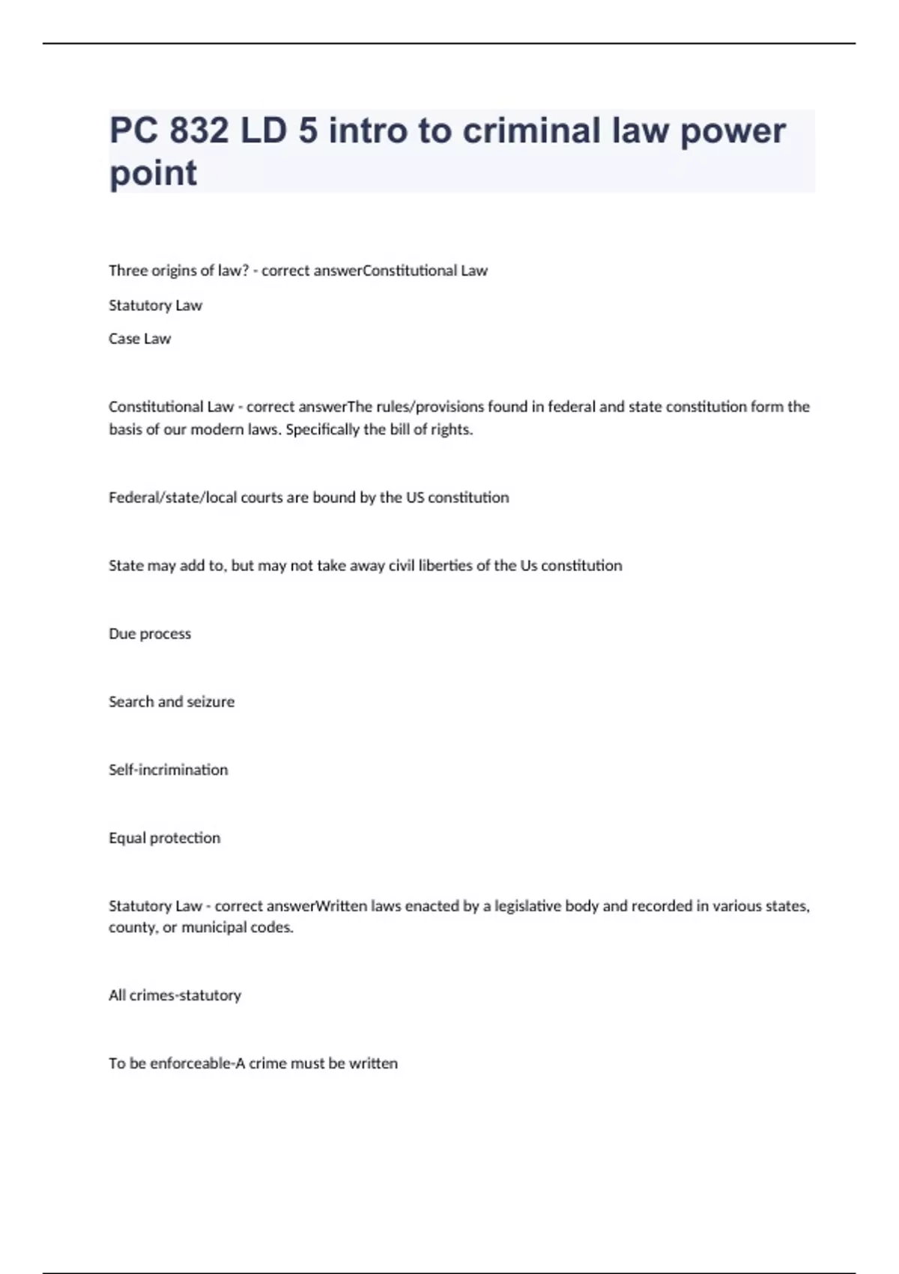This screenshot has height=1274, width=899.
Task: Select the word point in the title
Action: (154, 173)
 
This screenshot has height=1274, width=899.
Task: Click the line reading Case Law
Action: (140, 339)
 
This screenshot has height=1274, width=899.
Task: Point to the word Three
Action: (128, 271)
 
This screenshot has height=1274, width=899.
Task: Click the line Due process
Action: (150, 634)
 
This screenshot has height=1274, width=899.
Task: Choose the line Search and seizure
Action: (172, 702)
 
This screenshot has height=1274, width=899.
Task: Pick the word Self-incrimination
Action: (169, 770)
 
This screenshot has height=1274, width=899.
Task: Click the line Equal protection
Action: (165, 838)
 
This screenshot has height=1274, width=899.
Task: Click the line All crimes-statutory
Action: (175, 995)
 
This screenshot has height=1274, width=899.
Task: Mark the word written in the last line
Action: (373, 1063)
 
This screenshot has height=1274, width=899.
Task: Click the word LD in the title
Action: (264, 131)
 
